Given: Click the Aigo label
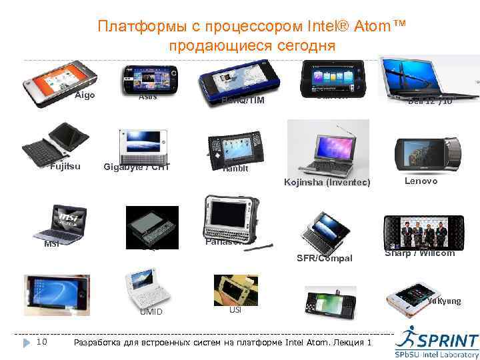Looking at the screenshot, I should (x=85, y=95).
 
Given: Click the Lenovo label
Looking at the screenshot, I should (x=421, y=181).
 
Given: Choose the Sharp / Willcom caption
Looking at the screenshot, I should (x=420, y=253).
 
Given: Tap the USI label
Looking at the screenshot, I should (x=235, y=310).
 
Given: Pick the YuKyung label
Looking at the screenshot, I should (x=444, y=301).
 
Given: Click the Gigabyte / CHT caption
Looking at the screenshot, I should (x=137, y=167).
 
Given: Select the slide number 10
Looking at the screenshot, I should (x=41, y=342).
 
